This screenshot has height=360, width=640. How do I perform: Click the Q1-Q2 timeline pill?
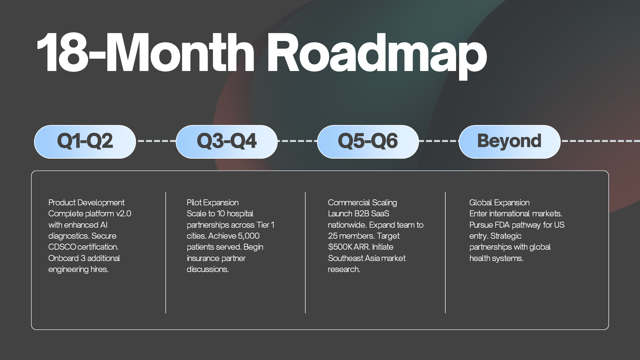pos(85,142)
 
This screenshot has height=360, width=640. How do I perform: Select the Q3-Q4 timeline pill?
pos(227,142)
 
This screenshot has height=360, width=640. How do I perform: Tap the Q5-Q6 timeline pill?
pos(368,142)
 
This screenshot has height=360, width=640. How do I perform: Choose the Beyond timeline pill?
pos(510,142)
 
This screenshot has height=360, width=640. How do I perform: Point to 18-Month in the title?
pos(145,53)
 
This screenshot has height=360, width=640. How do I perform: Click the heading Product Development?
pos(86,203)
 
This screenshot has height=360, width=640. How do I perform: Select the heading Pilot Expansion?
pos(213,203)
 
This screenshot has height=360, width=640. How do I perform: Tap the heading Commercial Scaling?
pos(362,203)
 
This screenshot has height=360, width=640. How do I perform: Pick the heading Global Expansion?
pos(499,203)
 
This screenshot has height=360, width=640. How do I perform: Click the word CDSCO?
pos(62,247)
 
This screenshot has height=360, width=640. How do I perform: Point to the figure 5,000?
pos(249,236)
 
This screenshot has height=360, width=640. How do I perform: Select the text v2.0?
pos(124,214)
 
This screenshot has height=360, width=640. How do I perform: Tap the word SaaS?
pos(380,214)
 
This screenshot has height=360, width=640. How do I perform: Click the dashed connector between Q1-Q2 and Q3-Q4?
pos(156,141)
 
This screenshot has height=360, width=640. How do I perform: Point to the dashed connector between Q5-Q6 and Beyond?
pos(439,141)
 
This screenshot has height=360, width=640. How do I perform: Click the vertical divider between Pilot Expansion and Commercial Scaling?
pos(305,253)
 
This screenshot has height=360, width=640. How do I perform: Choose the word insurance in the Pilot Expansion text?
pos(203,258)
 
